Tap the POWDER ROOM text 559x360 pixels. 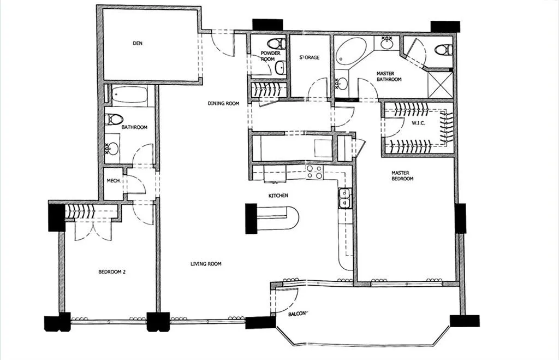270,56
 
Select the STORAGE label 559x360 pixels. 310,57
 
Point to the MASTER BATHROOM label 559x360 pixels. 389,76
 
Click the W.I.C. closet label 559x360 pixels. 419,123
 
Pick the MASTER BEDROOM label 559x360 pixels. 402,176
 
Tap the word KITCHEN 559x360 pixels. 278,196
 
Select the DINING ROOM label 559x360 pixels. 223,103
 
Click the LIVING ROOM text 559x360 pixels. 206,264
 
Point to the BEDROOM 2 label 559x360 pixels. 112,272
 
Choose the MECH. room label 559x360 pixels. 113,180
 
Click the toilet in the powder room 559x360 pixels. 277,43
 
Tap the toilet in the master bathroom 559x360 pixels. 443,50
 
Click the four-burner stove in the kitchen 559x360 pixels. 314,172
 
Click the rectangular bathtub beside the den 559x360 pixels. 129,96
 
